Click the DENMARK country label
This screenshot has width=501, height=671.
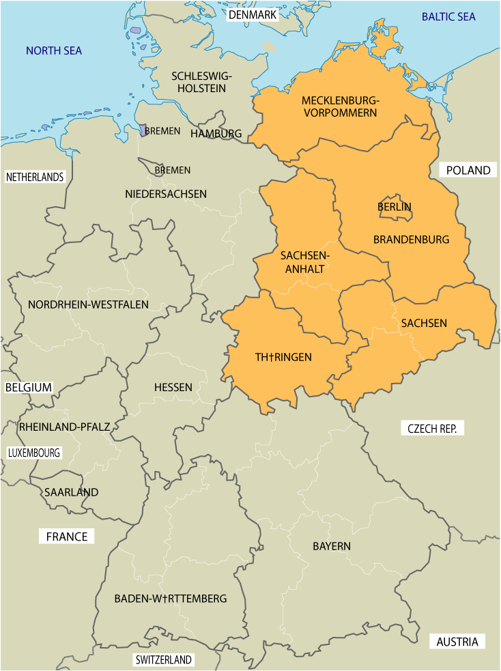(253, 15)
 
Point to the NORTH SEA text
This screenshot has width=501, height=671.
(53, 51)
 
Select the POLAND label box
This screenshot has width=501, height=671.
(468, 170)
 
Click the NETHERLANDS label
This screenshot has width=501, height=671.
(35, 177)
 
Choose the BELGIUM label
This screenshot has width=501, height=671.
(29, 387)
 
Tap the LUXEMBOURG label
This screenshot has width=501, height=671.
(34, 453)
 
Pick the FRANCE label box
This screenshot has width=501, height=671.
(67, 537)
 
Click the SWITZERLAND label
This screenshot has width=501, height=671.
(164, 660)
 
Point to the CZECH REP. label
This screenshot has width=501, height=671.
(435, 429)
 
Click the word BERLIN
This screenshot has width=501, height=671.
(395, 206)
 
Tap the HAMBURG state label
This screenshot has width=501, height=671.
(216, 133)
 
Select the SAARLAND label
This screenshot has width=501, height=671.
(72, 491)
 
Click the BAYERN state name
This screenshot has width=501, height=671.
(332, 546)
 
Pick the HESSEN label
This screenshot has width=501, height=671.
(173, 387)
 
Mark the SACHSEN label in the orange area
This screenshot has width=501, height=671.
(424, 323)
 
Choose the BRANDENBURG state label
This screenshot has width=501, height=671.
(411, 240)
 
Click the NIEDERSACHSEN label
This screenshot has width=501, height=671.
(166, 194)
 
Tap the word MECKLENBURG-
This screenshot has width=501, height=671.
(341, 101)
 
